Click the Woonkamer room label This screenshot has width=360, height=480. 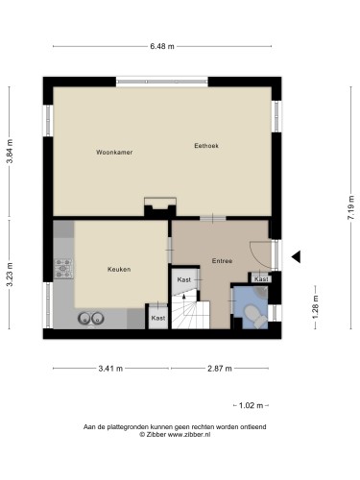tap(114, 153)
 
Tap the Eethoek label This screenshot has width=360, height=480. tap(206, 146)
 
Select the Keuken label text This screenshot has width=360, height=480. tap(119, 270)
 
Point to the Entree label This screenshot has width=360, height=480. tap(222, 261)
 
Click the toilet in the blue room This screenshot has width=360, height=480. tap(255, 316)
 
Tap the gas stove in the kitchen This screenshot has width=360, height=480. tap(63, 268)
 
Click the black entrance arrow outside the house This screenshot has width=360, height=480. tap(296, 256)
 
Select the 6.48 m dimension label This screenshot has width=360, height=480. tap(162, 46)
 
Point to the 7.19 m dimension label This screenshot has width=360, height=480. tap(351, 207)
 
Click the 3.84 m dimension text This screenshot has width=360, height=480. tap(10, 152)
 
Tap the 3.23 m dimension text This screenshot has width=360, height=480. tap(10, 275)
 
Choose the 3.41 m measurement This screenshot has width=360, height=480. tap(110, 369)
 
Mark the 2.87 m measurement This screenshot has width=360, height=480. tap(220, 369)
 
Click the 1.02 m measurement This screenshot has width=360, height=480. tap(252, 406)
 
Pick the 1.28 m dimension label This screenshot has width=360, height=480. tap(315, 307)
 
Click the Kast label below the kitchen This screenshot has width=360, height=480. tap(158, 318)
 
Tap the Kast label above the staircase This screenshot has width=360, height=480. tap(184, 279)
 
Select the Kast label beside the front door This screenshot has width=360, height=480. tap(261, 279)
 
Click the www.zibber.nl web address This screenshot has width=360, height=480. tap(189, 435)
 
